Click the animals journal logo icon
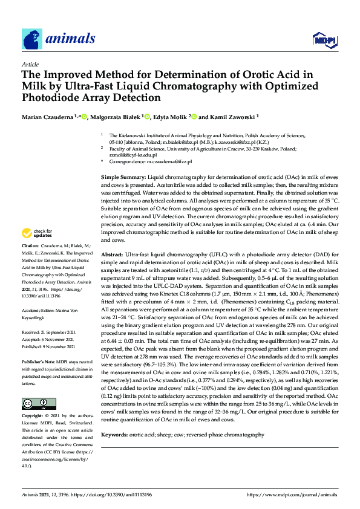coord(32,39)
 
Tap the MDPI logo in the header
coord(324,40)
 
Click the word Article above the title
coord(30,64)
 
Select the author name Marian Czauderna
coord(48,116)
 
